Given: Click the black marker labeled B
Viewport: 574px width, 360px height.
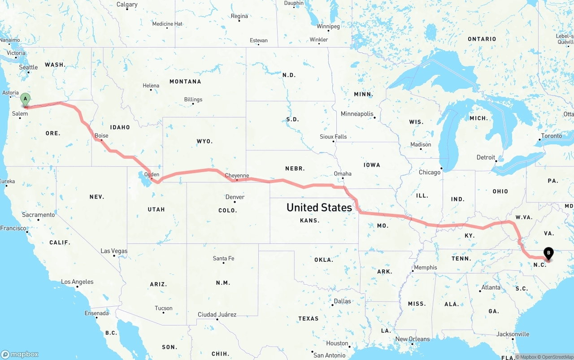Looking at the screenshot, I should point(548,254).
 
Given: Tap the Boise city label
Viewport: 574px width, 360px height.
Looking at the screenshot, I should point(101,135).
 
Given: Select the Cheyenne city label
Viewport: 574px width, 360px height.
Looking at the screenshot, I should point(237,176).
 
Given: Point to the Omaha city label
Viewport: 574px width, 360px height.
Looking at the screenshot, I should point(343,173).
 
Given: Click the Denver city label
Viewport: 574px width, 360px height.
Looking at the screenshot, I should point(235,197).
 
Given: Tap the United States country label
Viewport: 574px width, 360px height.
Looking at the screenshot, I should point(319,207).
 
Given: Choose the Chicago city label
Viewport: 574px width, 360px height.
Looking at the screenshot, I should point(430,172).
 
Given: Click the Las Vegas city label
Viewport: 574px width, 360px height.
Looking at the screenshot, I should point(114,251).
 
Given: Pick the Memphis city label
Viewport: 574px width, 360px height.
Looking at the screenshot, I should point(426,267).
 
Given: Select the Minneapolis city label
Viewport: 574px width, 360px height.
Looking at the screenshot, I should point(357,114).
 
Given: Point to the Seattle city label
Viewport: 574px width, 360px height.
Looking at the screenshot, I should point(28,67).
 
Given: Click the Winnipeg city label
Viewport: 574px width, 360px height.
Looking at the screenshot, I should point(328,26).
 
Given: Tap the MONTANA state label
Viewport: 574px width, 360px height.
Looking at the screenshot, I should point(185,82).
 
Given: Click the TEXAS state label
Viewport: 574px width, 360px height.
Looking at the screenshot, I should point(308,318).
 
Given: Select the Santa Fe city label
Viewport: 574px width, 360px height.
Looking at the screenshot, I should point(223,258).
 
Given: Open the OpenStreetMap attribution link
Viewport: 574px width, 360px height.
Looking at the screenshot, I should point(556,357).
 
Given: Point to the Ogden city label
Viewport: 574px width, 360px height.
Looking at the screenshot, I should point(152,174).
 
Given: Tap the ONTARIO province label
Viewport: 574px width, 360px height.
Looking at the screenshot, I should point(482,39).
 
